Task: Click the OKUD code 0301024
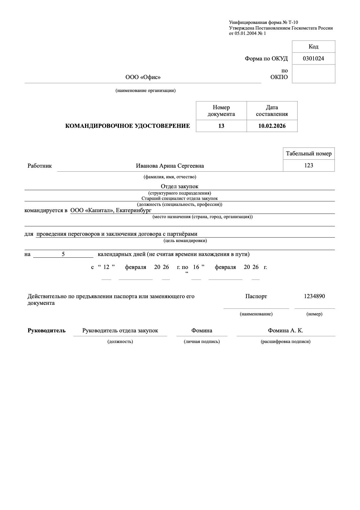click(x=313, y=59)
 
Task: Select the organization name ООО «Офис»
click(x=143, y=77)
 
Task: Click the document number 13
click(x=221, y=126)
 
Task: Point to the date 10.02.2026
click(x=272, y=126)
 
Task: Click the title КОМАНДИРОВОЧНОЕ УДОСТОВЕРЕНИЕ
click(x=128, y=126)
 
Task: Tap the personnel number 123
click(x=309, y=165)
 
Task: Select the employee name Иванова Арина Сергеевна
click(x=170, y=166)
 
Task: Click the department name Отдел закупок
click(x=179, y=187)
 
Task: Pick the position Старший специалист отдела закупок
click(x=179, y=199)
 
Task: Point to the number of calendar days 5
click(x=63, y=254)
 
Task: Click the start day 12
click(x=106, y=267)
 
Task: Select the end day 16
click(x=196, y=267)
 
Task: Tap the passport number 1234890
click(x=314, y=296)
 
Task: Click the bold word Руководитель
click(x=46, y=330)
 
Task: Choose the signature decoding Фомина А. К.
click(x=285, y=330)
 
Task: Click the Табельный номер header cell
click(x=309, y=153)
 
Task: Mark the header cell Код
click(x=313, y=46)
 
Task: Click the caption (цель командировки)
click(x=185, y=240)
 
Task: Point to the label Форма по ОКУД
click(x=266, y=59)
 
